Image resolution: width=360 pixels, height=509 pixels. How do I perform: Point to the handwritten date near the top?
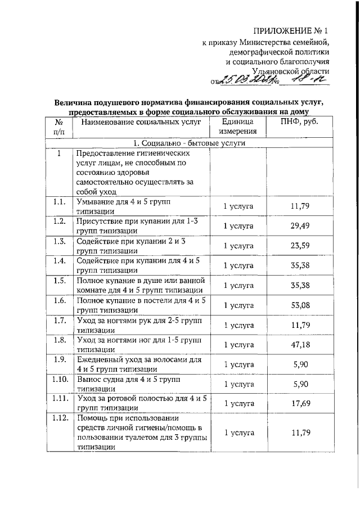tap(248, 82)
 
